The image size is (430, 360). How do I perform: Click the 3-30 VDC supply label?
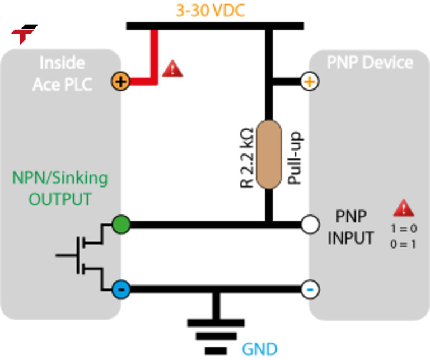(x=211, y=11)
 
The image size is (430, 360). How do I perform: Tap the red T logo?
(x=24, y=34)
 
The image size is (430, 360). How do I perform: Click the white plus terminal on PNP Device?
(x=310, y=81)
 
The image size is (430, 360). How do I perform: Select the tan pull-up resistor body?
(x=269, y=155)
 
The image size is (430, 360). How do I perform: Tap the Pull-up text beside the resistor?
(x=295, y=157)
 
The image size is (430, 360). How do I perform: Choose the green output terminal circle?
(x=121, y=225)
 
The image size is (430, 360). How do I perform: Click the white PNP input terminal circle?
(x=310, y=225)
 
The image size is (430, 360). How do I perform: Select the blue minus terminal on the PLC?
(x=121, y=289)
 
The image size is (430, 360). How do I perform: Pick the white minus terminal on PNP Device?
(x=310, y=289)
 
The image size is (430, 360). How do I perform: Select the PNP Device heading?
(x=370, y=62)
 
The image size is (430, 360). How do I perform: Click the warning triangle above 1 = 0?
(x=403, y=209)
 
